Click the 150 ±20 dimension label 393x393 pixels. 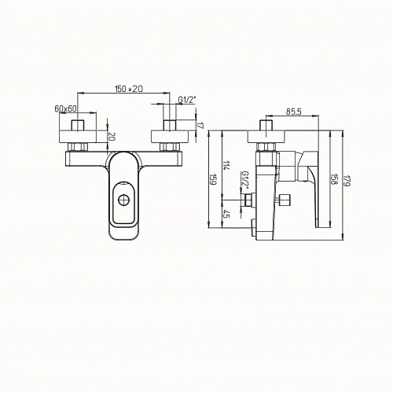point(129,89)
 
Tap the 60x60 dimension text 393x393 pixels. point(65,108)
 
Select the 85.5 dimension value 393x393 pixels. point(294,112)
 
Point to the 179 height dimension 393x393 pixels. point(347,181)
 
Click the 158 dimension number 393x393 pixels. point(333,178)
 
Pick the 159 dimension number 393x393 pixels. point(213,180)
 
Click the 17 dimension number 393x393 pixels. point(200,126)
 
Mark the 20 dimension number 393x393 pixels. point(112,137)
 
